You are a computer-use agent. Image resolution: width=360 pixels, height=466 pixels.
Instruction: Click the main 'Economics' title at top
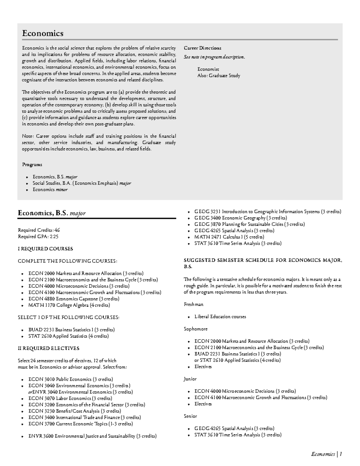pos(43,33)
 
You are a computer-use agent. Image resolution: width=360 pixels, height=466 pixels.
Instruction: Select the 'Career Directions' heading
pos(202,48)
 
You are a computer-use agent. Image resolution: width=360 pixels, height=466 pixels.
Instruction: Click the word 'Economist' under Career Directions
pos(208,69)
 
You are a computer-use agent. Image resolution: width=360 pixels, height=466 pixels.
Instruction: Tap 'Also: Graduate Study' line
pos(219,76)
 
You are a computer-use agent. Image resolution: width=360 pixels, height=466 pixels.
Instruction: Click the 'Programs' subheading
pos(32,165)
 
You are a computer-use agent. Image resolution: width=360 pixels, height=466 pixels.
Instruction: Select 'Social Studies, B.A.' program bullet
pos(82,183)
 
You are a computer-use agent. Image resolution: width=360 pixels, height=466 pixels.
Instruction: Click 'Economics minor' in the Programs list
pos(50,190)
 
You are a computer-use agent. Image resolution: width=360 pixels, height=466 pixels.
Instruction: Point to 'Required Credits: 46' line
pos(39,230)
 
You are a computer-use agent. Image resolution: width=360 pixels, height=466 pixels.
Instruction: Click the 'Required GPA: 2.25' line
pos(38,236)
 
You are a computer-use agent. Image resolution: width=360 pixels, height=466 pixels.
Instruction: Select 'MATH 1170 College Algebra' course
pos(69,305)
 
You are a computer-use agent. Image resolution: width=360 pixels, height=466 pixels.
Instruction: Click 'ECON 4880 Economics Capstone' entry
pos(74,299)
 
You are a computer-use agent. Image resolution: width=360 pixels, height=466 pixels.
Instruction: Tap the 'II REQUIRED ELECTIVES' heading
pos(49,348)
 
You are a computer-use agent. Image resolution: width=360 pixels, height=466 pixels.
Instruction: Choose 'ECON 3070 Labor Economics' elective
pos(70,398)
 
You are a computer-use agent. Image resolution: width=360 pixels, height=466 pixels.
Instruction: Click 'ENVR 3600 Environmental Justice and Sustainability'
pos(92,436)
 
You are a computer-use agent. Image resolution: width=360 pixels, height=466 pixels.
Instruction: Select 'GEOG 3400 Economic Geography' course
pos(241,218)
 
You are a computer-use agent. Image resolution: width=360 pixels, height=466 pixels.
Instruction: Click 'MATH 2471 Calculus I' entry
pos(229,237)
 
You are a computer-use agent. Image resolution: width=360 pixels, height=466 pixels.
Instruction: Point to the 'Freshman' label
pos(193,304)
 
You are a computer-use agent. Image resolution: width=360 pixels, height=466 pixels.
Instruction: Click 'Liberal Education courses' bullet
pos(220,317)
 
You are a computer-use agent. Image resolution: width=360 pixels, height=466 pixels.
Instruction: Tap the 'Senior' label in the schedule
pos(190,416)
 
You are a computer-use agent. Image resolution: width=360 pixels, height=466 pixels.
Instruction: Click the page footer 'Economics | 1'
pos(326,454)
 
